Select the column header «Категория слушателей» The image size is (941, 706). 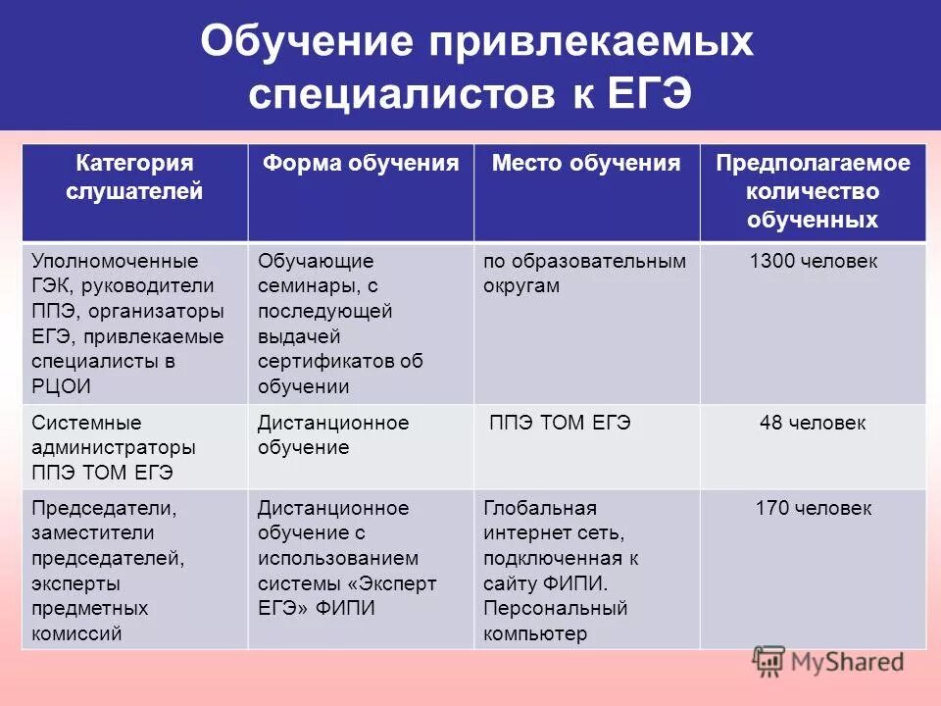coord(134,177)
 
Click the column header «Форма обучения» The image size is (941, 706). coord(360,164)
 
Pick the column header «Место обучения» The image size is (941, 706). coord(585,164)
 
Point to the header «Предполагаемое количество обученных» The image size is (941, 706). coord(813,191)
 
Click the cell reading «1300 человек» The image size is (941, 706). coord(813,262)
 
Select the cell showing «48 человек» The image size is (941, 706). coord(813,424)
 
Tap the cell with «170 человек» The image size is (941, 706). coord(813,509)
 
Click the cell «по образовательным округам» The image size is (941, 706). coord(584,274)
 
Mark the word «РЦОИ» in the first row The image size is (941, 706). coord(61,386)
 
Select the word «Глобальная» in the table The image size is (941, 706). coord(540,509)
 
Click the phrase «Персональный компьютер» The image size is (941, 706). coord(555,621)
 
